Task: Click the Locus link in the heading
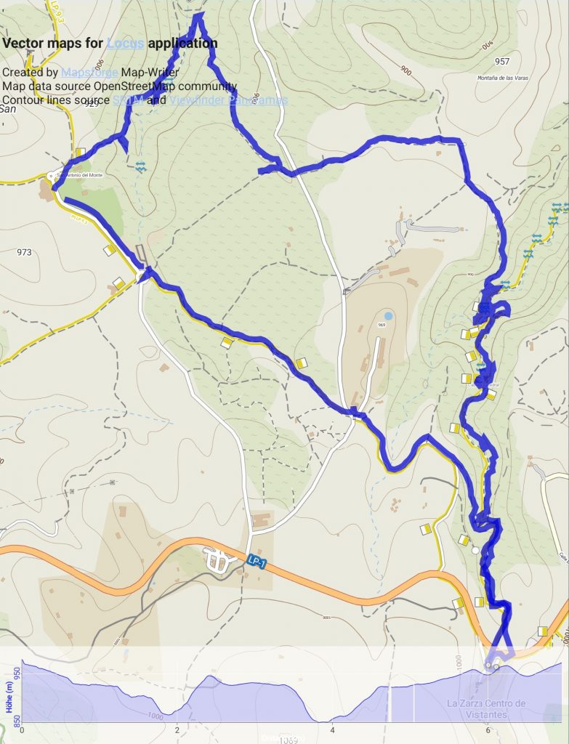[125, 43]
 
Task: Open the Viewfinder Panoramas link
[228, 100]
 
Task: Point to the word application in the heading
[182, 43]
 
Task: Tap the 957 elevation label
[501, 62]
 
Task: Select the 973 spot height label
[23, 253]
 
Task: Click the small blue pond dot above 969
[389, 316]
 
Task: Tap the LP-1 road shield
[253, 561]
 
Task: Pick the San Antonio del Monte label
[76, 175]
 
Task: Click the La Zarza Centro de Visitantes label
[486, 708]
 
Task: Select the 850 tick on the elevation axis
[15, 719]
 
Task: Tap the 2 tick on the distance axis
[177, 729]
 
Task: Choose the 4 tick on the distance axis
[332, 729]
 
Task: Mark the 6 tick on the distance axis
[488, 729]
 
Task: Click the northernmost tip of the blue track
[198, 14]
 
